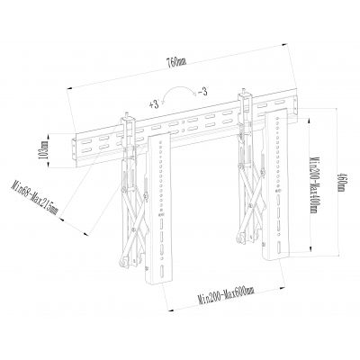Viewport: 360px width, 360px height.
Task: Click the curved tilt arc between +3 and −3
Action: coord(180,90)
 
